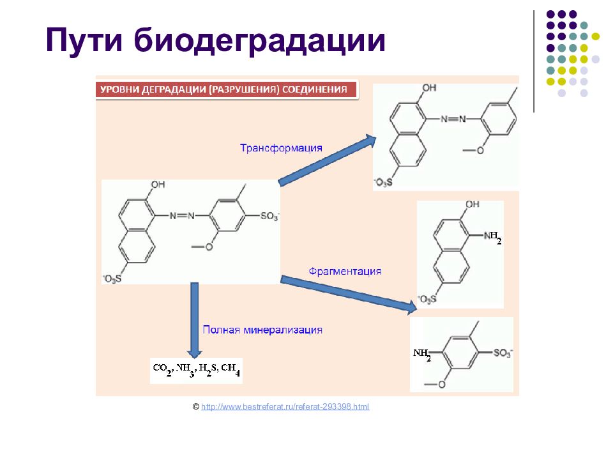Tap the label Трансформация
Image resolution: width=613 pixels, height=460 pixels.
click(x=280, y=148)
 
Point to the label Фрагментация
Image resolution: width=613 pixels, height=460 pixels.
click(x=345, y=271)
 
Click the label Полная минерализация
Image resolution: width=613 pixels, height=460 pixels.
click(x=262, y=330)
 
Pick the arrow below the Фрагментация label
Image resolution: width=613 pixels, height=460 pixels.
click(x=349, y=293)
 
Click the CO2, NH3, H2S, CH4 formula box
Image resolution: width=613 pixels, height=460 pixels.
click(x=196, y=370)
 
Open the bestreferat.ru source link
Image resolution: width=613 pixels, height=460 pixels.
click(x=285, y=406)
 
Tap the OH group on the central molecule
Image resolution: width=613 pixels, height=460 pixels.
click(x=158, y=185)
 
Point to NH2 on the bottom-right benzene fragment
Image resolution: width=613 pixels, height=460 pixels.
click(x=422, y=354)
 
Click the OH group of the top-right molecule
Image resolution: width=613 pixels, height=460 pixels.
click(x=429, y=88)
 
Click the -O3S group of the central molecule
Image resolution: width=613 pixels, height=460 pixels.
click(x=112, y=278)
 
